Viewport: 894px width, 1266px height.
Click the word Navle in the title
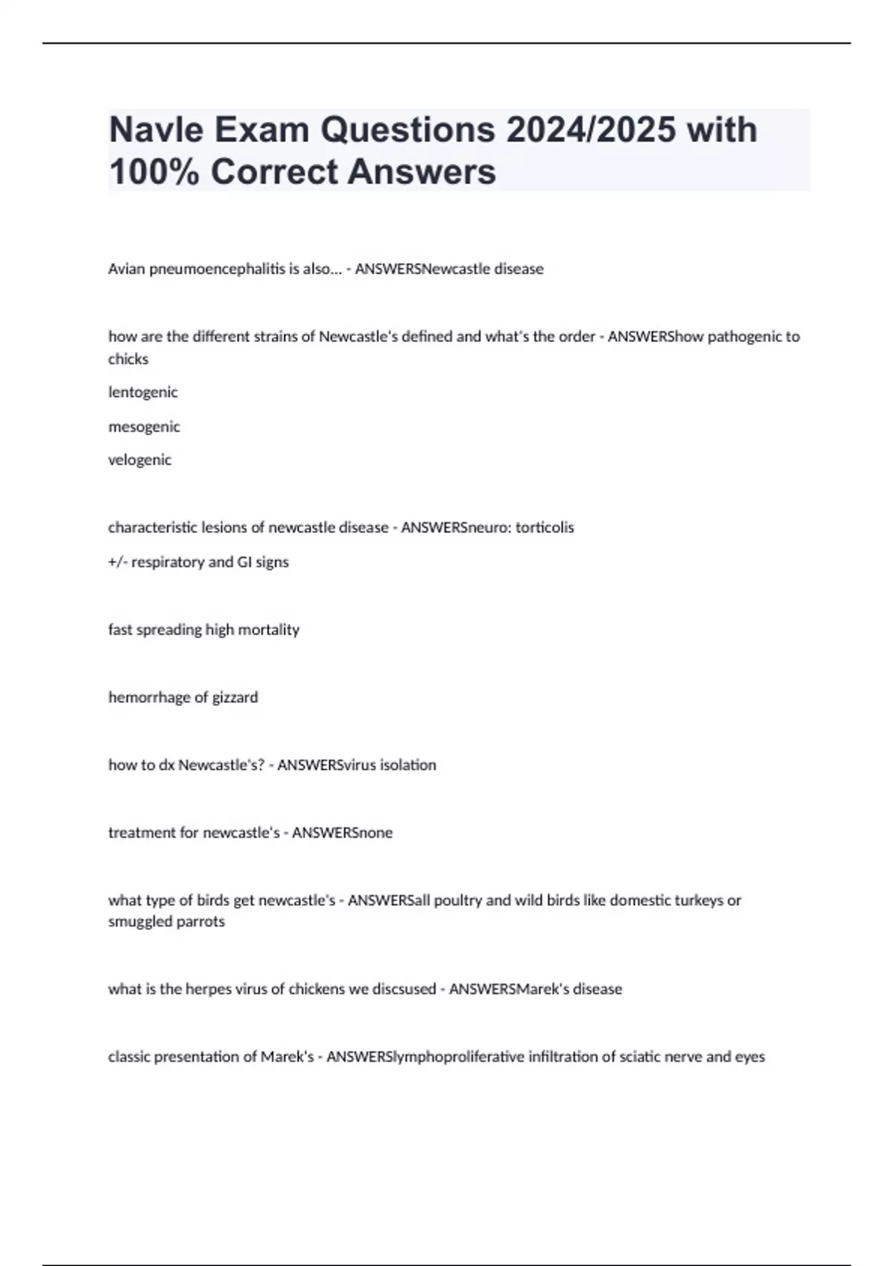click(156, 130)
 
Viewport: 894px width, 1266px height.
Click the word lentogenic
click(143, 392)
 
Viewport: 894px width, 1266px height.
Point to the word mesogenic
click(144, 427)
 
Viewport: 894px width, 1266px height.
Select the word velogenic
click(139, 460)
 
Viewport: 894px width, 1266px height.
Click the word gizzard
click(235, 698)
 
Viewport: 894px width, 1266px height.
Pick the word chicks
click(128, 359)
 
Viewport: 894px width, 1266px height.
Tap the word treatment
click(142, 833)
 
